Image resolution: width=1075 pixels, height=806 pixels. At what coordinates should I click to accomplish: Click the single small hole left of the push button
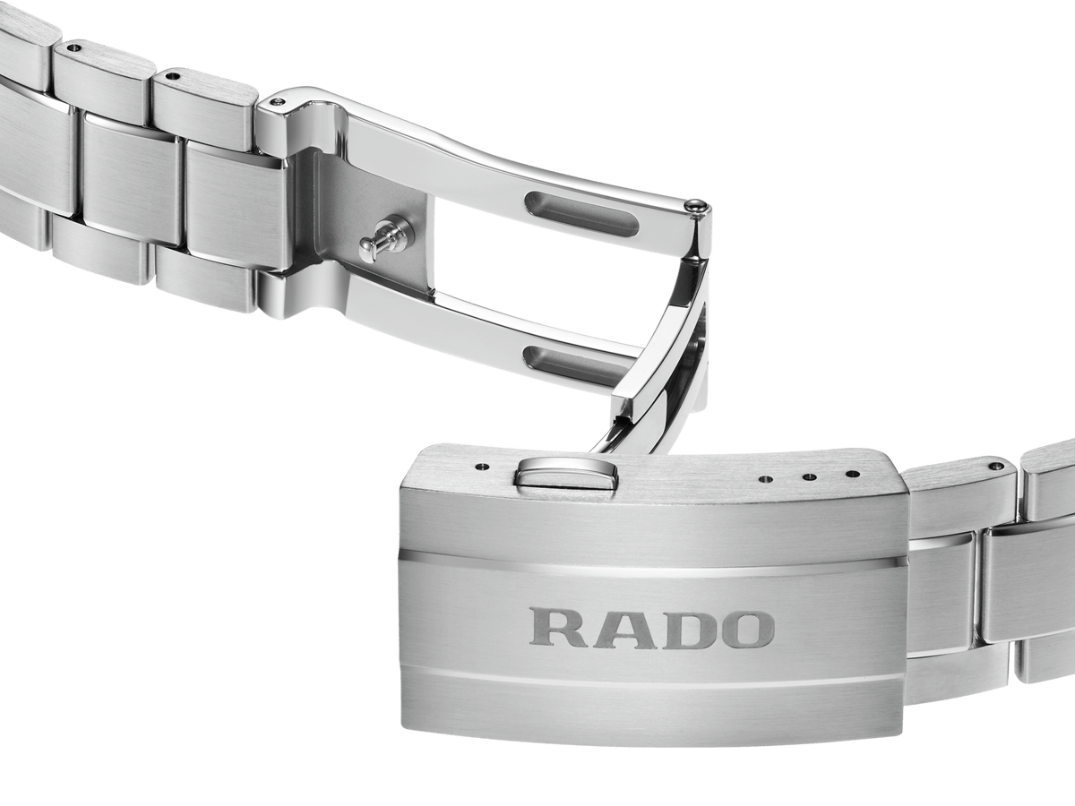pos(483,466)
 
